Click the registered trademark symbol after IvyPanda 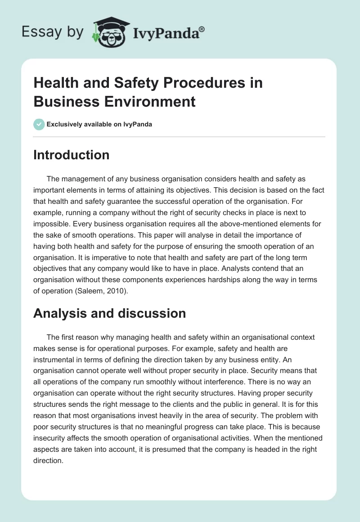[x=202, y=29]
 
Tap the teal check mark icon [x=39, y=124]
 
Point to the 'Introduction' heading [x=71, y=155]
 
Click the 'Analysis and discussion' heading [x=109, y=313]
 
